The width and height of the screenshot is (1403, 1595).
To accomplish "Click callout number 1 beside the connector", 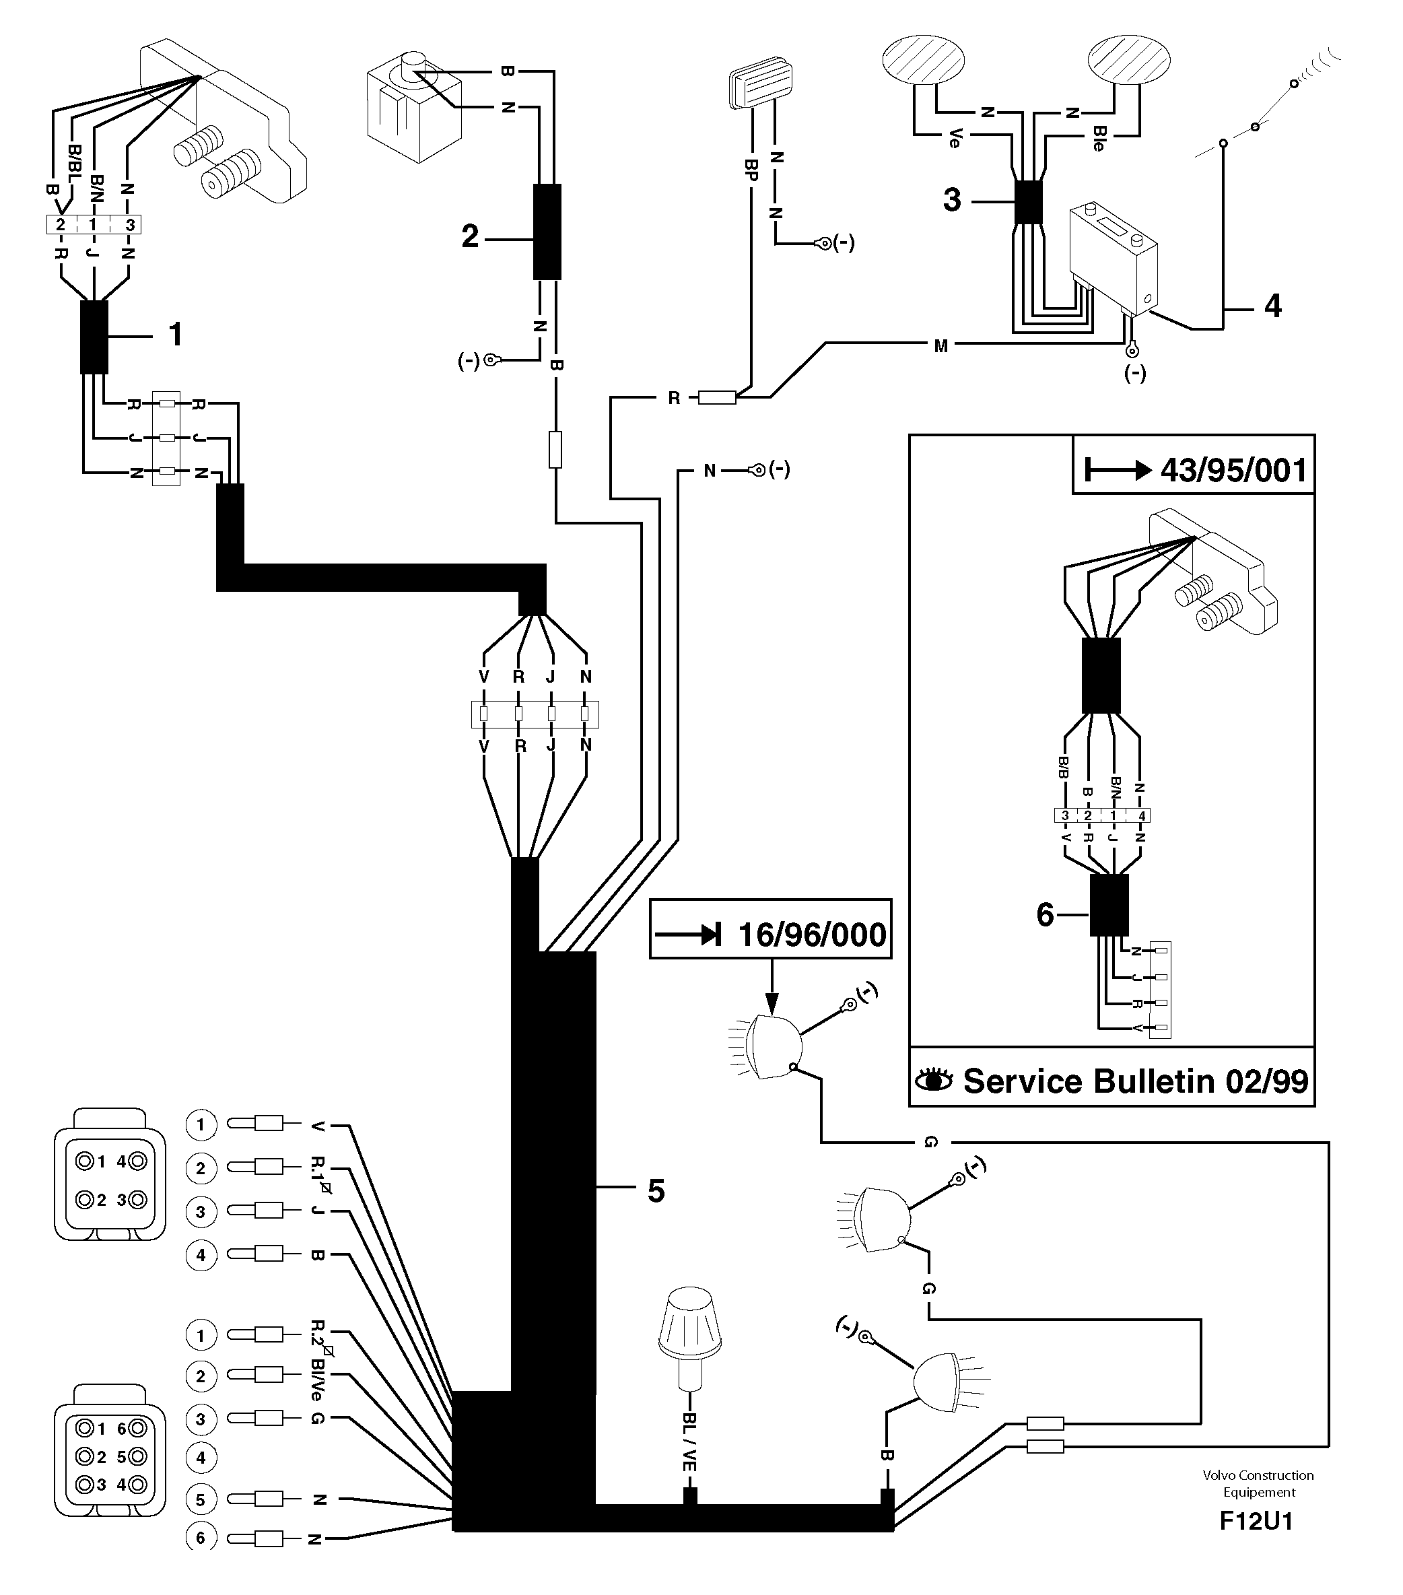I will (176, 335).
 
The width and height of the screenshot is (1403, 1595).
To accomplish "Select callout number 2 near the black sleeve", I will (470, 236).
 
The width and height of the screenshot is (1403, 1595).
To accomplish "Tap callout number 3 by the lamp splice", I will (952, 200).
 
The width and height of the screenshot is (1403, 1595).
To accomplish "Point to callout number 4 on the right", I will (1272, 306).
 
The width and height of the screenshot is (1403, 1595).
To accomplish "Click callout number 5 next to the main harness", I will (656, 1192).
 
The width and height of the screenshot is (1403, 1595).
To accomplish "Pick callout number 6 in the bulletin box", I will (1046, 914).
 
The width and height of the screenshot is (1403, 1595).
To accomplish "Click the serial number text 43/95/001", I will (1233, 471).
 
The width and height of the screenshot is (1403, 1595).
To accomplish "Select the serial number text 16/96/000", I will (811, 935).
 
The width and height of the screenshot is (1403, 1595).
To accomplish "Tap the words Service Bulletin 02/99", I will (1135, 1081).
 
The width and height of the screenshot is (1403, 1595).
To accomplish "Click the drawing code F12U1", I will (1256, 1544).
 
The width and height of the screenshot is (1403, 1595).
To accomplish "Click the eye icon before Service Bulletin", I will (933, 1081).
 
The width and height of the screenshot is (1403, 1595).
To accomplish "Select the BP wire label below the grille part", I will (751, 170).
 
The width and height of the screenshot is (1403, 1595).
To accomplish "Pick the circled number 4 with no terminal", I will (201, 1457).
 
